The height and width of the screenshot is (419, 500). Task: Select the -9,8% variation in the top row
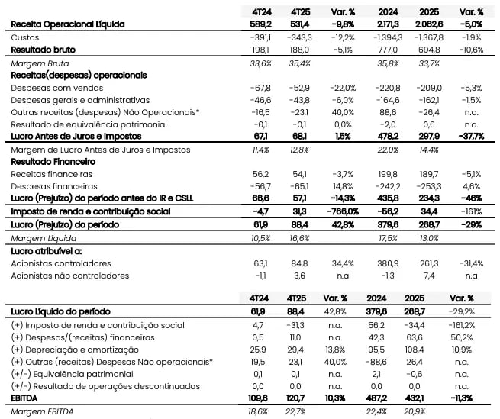(342, 24)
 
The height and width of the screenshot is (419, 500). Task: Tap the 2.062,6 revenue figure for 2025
(428, 24)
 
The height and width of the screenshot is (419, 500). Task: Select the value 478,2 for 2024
(389, 137)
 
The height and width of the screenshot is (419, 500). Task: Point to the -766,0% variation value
(339, 211)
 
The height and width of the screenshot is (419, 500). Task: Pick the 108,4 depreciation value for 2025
(430, 349)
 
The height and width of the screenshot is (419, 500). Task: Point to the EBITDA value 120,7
(302, 398)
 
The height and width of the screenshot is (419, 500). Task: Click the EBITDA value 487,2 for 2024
(389, 398)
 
